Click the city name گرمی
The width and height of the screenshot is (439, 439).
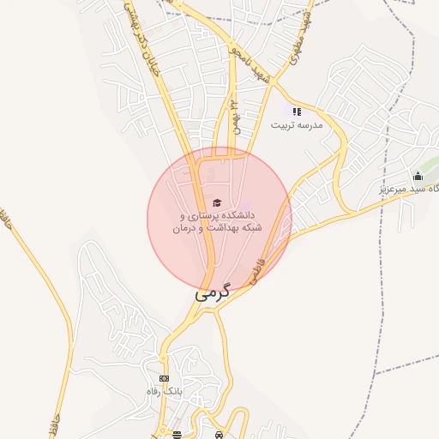(x=212, y=292)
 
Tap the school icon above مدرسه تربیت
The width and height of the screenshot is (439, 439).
(x=297, y=111)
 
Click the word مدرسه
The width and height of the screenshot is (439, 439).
(x=309, y=124)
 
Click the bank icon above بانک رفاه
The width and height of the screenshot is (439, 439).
(x=164, y=378)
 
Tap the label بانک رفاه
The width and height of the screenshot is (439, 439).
(x=164, y=391)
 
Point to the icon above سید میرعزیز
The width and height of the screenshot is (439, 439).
(x=418, y=176)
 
